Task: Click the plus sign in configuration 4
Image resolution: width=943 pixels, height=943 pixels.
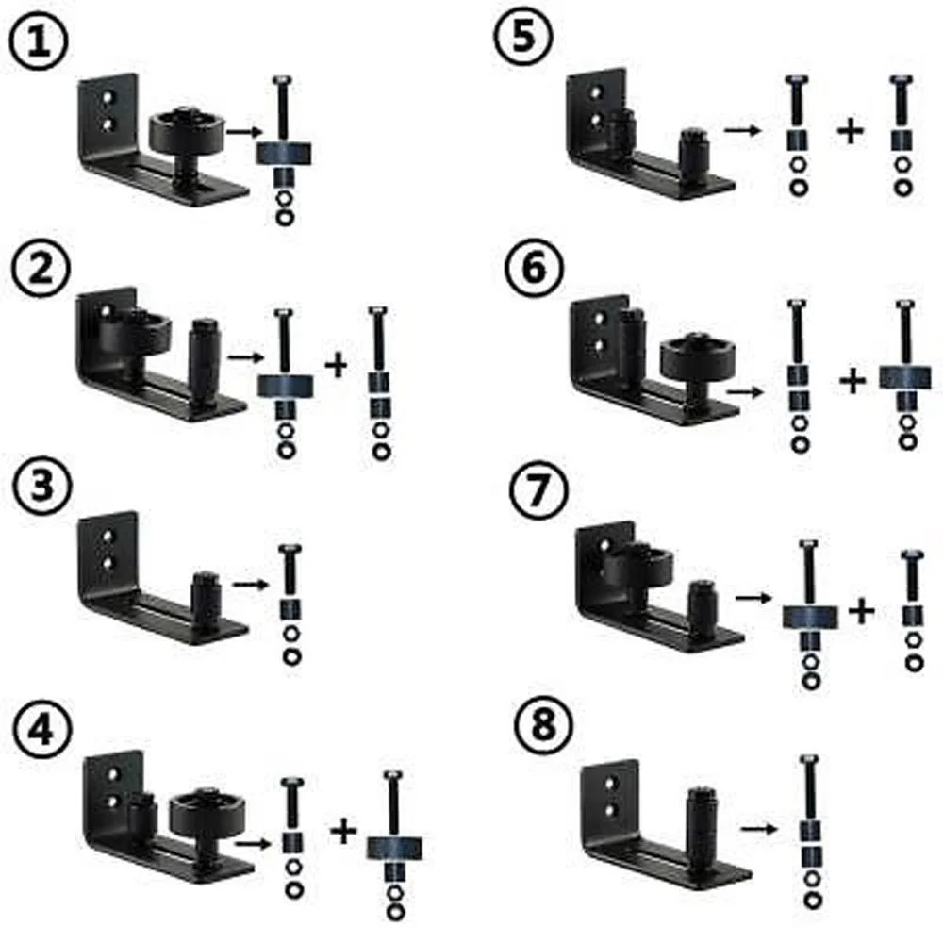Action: click(344, 831)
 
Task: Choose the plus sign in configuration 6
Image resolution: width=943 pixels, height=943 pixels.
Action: click(852, 382)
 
